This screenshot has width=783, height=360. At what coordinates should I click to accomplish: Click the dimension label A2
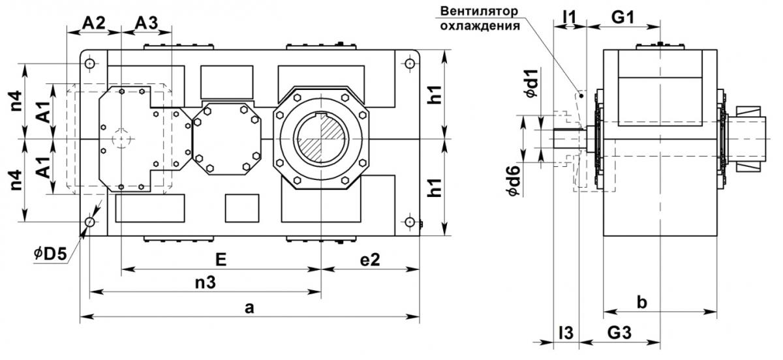pyautogui.click(x=94, y=23)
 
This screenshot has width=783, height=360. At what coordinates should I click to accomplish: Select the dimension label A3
pyautogui.click(x=146, y=23)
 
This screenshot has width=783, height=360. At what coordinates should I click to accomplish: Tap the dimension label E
pyautogui.click(x=221, y=260)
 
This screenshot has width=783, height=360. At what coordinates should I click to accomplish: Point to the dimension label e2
pyautogui.click(x=370, y=260)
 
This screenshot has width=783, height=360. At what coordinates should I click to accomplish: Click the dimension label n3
pyautogui.click(x=206, y=282)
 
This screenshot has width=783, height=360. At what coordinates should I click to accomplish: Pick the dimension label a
pyautogui.click(x=249, y=308)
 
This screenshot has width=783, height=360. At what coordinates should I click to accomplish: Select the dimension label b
pyautogui.click(x=642, y=303)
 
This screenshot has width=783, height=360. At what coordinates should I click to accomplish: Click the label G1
pyautogui.click(x=622, y=17)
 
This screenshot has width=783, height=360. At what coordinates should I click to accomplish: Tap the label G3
pyautogui.click(x=619, y=333)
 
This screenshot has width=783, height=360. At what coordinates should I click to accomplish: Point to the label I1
pyautogui.click(x=570, y=17)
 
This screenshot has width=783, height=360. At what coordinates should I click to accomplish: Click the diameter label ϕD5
pyautogui.click(x=50, y=254)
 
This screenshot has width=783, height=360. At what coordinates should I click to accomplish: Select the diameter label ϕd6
pyautogui.click(x=515, y=181)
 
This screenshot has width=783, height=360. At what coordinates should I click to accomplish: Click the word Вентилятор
pyautogui.click(x=479, y=11)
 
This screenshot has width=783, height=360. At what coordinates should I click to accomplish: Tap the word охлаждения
pyautogui.click(x=480, y=26)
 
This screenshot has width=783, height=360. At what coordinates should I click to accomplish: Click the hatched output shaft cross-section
pyautogui.click(x=321, y=140)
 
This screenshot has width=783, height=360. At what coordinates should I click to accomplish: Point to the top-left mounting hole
pyautogui.click(x=90, y=64)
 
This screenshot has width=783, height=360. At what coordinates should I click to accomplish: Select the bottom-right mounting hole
pyautogui.click(x=410, y=222)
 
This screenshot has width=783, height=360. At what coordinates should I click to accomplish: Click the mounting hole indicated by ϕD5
pyautogui.click(x=90, y=222)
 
